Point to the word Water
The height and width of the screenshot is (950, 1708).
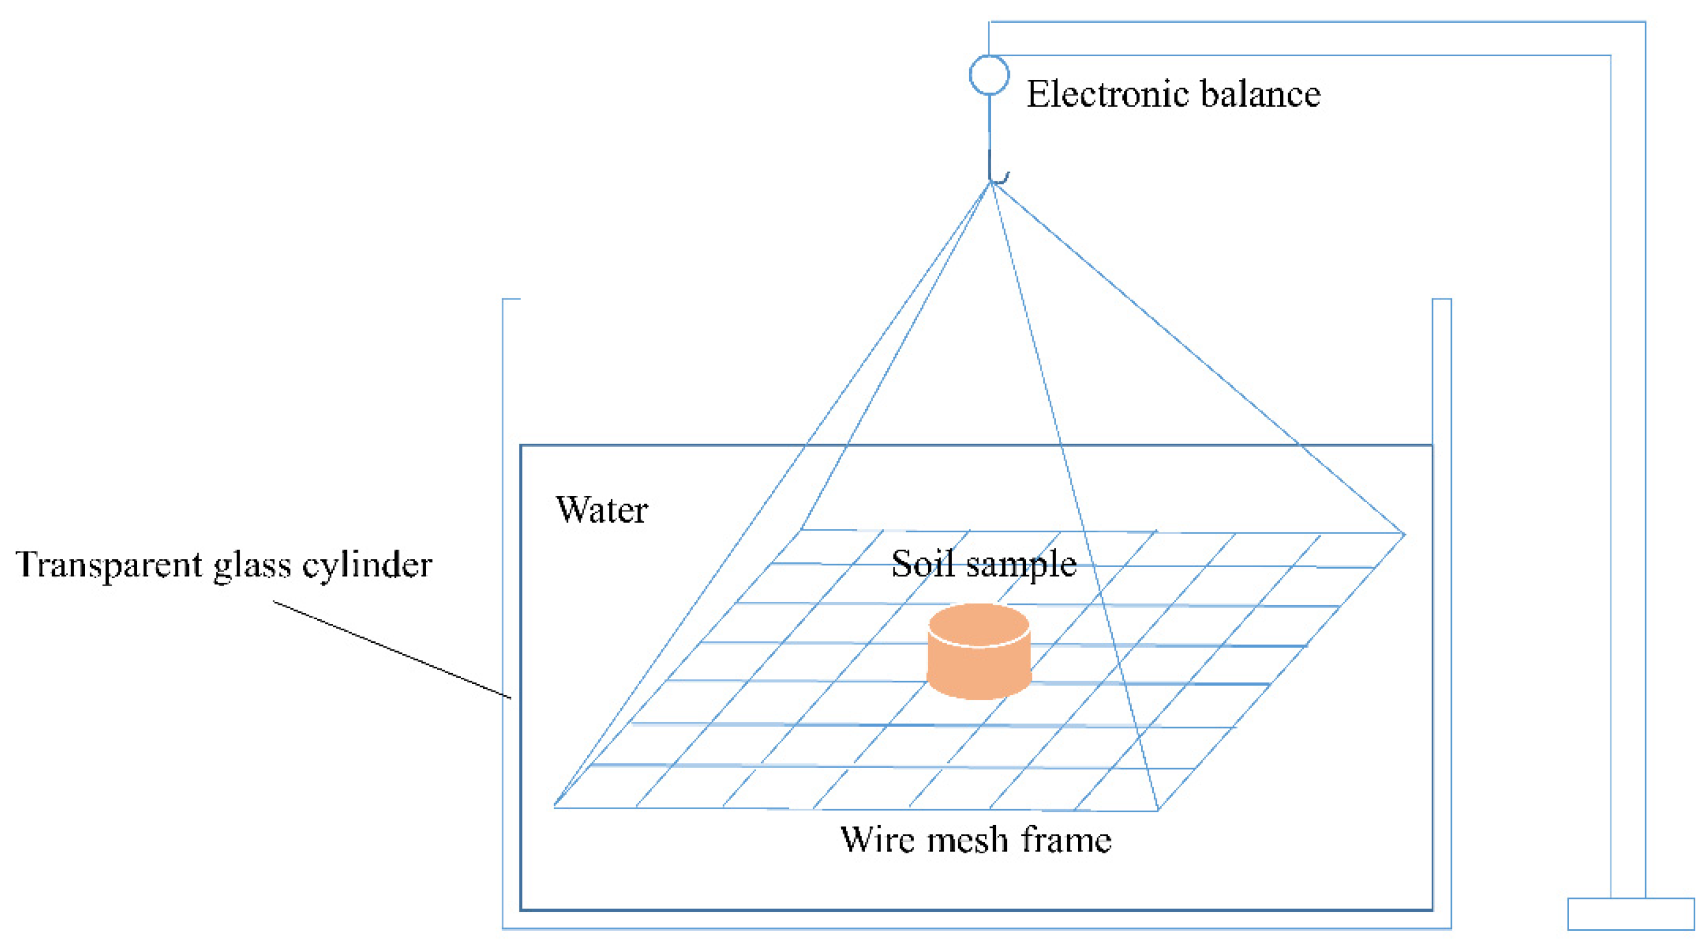click(x=602, y=510)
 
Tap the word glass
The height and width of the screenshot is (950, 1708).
click(x=252, y=567)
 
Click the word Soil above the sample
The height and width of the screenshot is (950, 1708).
click(x=922, y=564)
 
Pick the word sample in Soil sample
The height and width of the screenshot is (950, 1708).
click(x=1021, y=566)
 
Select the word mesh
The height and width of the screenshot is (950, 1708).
click(x=967, y=840)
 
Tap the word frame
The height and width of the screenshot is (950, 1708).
click(x=1067, y=839)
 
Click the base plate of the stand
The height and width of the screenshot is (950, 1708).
click(x=1630, y=914)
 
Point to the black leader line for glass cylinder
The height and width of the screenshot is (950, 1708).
click(x=391, y=649)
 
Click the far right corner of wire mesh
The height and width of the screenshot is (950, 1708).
click(x=1403, y=534)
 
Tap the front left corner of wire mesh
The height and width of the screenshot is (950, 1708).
click(x=555, y=806)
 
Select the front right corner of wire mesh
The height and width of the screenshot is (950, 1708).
click(x=1157, y=810)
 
